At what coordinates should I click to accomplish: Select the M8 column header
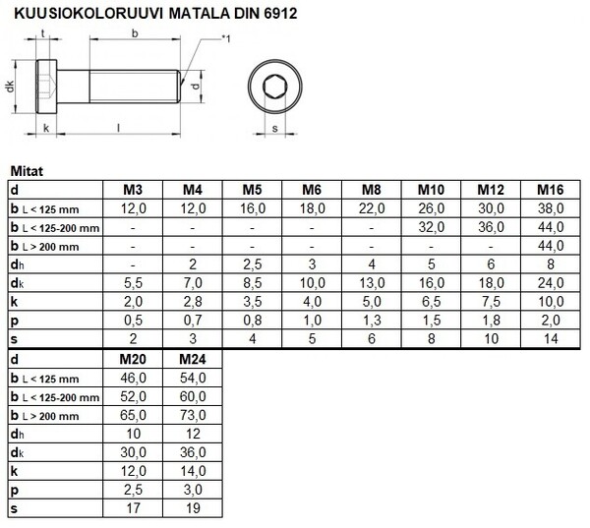coord(372,189)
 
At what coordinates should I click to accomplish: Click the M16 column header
coord(551,189)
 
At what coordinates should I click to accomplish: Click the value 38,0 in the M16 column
coord(551,208)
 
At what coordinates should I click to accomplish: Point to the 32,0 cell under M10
coord(431,227)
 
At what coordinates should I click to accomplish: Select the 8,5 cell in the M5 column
coord(253,283)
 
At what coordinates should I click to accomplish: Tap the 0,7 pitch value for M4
coord(193,321)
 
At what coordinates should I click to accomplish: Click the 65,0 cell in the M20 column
coord(134,414)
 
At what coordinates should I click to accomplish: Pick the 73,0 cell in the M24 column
coord(193,414)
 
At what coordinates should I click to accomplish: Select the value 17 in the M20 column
coord(134,508)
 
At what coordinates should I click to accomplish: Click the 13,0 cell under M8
coord(372,283)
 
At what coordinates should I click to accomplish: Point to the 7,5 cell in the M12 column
coord(491,302)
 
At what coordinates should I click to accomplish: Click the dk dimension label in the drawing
coord(10,86)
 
